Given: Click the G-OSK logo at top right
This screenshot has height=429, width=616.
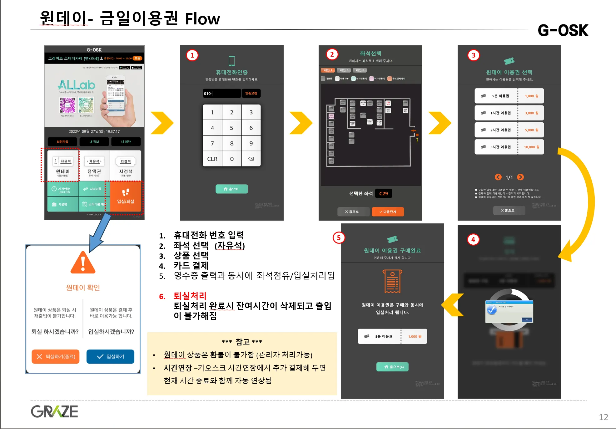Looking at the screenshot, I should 563,30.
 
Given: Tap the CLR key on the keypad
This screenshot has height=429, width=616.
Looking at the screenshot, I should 212,159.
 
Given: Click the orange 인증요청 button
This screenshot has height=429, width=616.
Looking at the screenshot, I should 251,93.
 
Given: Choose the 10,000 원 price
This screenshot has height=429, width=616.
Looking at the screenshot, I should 531,147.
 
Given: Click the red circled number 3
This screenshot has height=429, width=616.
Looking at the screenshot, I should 474,55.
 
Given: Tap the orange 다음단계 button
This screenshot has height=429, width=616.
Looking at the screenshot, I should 388,212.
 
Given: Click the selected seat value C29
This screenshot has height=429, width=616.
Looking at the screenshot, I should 383,194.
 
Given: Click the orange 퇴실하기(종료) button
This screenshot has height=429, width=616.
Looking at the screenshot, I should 56,356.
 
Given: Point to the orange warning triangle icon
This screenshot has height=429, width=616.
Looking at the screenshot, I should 83,263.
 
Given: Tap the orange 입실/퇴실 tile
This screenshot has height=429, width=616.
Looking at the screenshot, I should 126,197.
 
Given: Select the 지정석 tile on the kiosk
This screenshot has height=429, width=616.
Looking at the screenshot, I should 126,166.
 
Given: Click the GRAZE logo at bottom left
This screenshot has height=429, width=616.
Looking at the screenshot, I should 54,411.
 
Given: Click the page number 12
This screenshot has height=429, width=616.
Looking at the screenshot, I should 603,417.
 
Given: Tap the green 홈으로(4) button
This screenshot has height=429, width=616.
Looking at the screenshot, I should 392,367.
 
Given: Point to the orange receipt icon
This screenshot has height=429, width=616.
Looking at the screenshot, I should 392,281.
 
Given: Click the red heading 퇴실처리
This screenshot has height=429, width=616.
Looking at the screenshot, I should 190,296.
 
